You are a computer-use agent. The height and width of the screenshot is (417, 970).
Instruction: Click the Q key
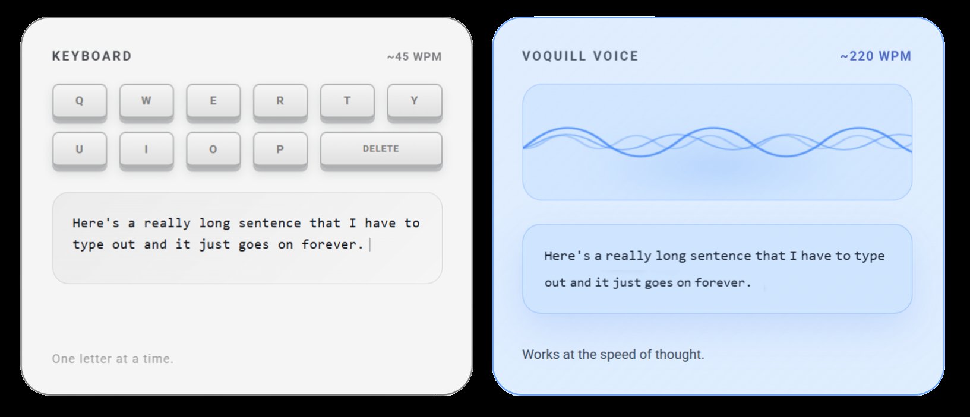pyautogui.click(x=80, y=101)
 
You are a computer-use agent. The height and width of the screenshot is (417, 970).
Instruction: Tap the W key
pyautogui.click(x=146, y=101)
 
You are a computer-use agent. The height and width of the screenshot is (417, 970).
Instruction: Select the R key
pyautogui.click(x=280, y=101)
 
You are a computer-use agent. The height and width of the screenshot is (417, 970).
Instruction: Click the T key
pyautogui.click(x=347, y=101)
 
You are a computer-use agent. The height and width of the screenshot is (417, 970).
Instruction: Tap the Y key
pyautogui.click(x=414, y=101)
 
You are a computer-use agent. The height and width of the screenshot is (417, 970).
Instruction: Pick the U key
pyautogui.click(x=80, y=149)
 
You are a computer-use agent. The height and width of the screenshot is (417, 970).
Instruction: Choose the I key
pyautogui.click(x=146, y=149)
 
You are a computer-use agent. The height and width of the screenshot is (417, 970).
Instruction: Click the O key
pyautogui.click(x=213, y=149)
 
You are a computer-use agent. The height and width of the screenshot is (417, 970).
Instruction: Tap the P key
pyautogui.click(x=280, y=149)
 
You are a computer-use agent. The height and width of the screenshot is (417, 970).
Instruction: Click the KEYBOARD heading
pyautogui.click(x=92, y=56)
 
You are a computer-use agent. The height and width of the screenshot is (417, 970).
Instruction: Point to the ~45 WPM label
pyautogui.click(x=414, y=57)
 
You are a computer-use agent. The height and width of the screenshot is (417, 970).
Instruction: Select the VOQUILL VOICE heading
pyautogui.click(x=580, y=56)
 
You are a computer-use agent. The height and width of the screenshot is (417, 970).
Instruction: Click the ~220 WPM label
pyautogui.click(x=875, y=56)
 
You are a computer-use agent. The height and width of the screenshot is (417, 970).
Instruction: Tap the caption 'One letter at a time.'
pyautogui.click(x=113, y=359)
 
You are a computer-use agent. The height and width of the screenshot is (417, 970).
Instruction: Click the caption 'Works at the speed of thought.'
pyautogui.click(x=613, y=355)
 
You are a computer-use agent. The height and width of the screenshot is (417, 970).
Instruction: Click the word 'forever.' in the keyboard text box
pyautogui.click(x=332, y=244)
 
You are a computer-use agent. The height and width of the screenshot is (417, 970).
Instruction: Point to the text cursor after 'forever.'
pyautogui.click(x=370, y=244)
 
